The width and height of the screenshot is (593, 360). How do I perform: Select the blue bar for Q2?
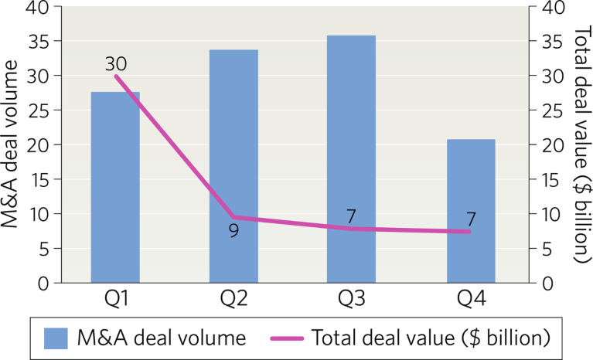[233, 166]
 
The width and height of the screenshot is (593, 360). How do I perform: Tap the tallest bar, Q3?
[351, 158]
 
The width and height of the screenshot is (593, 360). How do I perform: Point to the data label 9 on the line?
[233, 229]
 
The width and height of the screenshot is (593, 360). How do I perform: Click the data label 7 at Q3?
[351, 216]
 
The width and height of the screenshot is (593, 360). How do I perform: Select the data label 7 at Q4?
[470, 219]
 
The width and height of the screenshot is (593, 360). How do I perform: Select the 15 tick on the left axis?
[39, 179]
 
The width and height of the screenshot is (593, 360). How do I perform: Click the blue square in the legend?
[57, 338]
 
